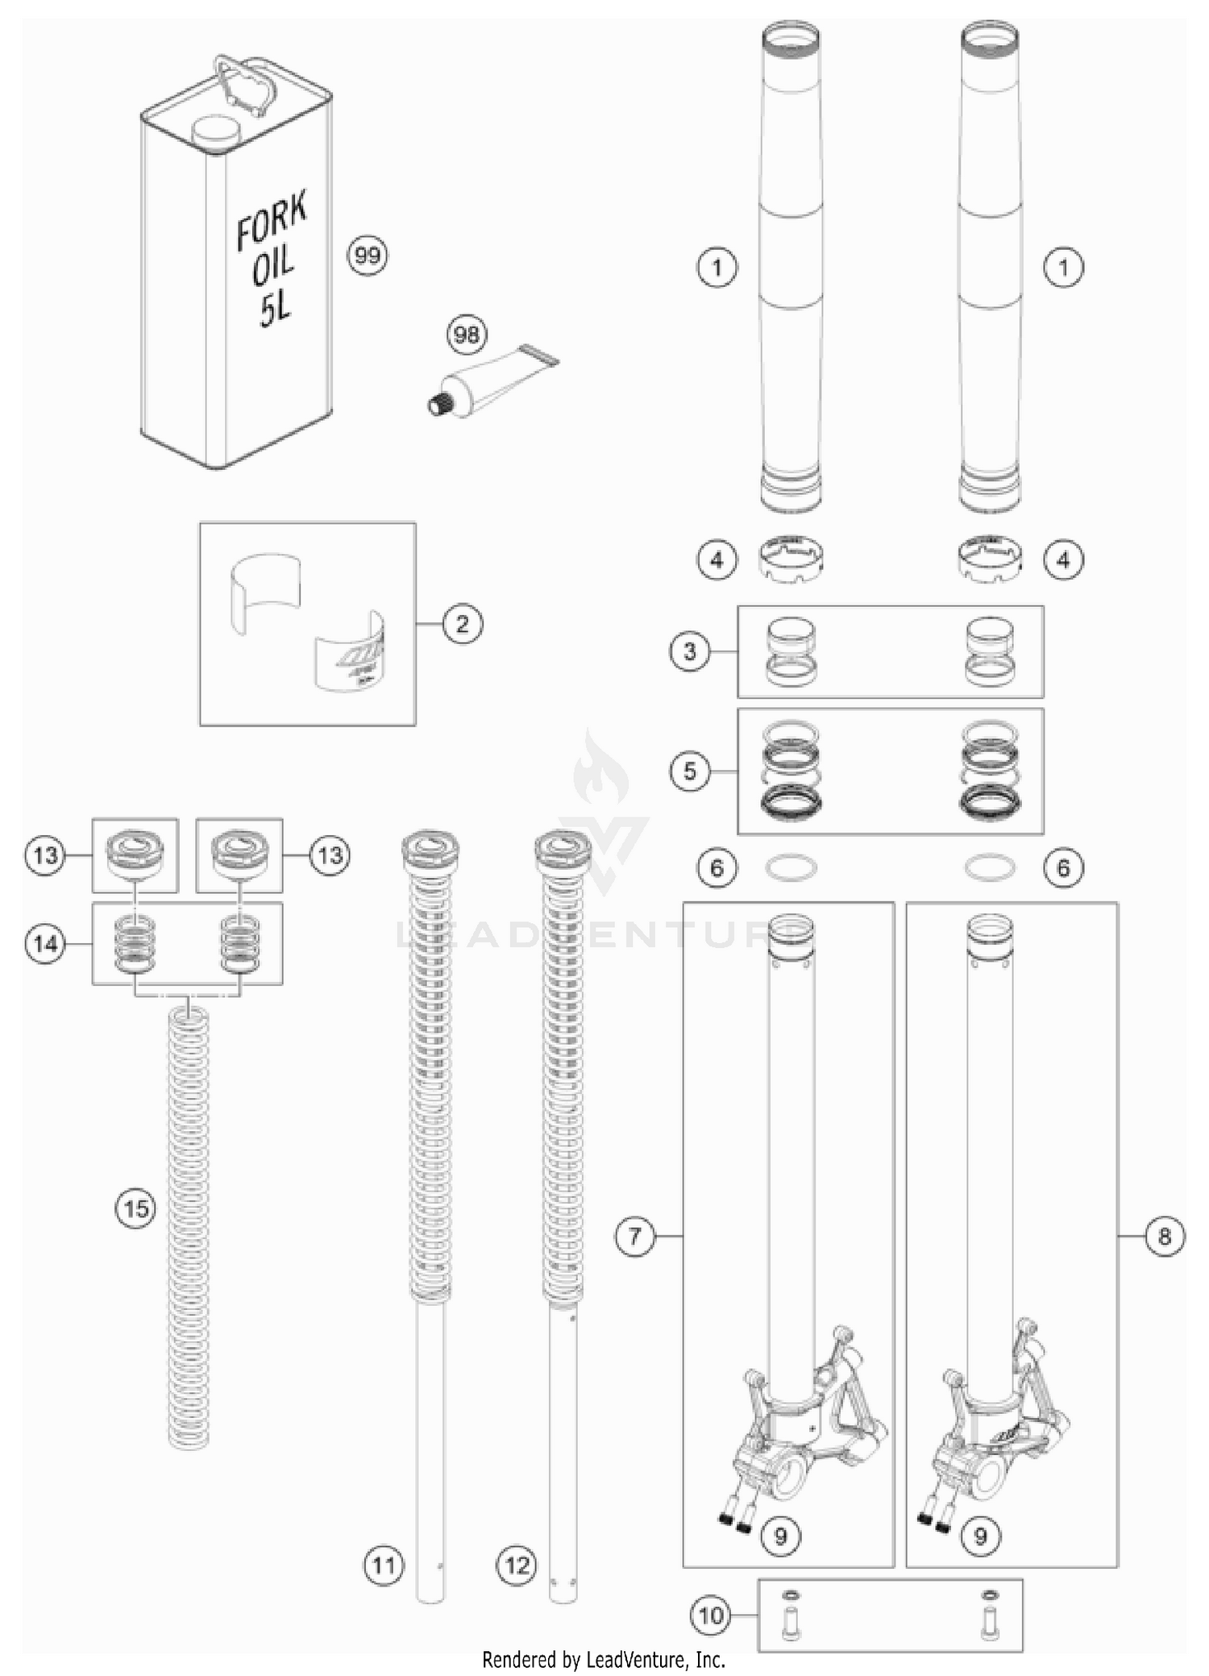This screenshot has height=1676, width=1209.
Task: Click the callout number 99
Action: (367, 256)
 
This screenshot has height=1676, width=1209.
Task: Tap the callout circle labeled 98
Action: (467, 334)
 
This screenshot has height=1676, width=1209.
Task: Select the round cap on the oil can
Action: (217, 133)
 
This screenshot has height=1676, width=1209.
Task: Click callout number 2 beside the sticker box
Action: (463, 624)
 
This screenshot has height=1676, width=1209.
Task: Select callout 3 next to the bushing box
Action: (690, 651)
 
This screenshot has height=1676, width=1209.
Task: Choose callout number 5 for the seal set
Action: (690, 771)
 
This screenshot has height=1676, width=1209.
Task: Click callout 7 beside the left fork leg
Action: (635, 1236)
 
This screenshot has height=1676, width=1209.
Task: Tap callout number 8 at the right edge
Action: (1165, 1236)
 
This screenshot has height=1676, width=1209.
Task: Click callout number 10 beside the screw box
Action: (711, 1616)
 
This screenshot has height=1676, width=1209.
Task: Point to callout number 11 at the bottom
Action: (383, 1566)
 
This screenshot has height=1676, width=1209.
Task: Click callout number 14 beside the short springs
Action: (45, 943)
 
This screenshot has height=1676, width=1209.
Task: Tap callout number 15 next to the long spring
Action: (135, 1208)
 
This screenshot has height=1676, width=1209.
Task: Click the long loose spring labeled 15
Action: (189, 1225)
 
